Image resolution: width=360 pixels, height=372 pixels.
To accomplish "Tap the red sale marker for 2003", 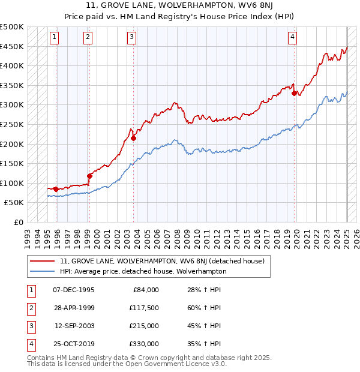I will coord(134,138).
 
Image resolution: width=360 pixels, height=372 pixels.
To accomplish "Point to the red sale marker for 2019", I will coord(295,93).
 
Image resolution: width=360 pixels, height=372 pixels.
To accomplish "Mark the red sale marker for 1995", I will coord(56,189).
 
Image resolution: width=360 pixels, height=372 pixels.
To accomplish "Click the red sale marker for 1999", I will coord(89,176).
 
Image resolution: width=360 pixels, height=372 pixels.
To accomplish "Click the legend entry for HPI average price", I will coord(143,271).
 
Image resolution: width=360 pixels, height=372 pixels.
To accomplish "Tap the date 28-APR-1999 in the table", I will coord(74,308).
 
